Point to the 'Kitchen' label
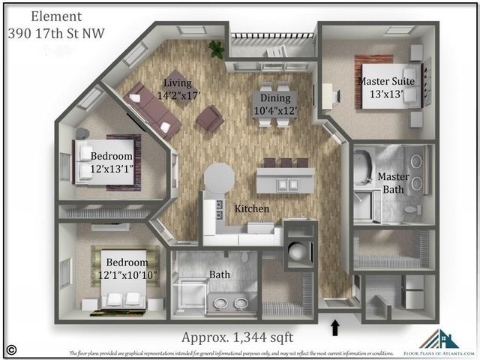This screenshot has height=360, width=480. click(x=252, y=208)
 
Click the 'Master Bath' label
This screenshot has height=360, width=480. click(x=393, y=183)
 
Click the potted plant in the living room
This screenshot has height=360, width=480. click(x=217, y=49)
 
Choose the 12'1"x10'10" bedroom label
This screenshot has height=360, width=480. click(x=120, y=271)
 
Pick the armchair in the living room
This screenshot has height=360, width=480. click(x=209, y=117)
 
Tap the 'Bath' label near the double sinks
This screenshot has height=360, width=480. click(x=220, y=274)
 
